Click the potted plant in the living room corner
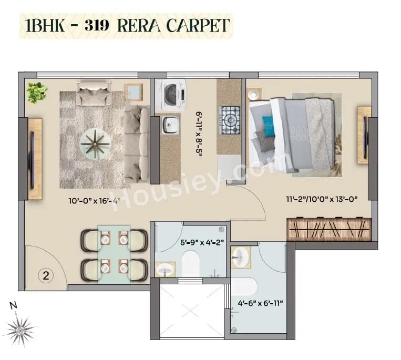[37, 92]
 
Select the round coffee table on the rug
[95, 143]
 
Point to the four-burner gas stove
[230, 120]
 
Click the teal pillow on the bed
[269, 126]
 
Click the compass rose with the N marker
[20, 330]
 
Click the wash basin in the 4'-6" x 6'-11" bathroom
[241, 257]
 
